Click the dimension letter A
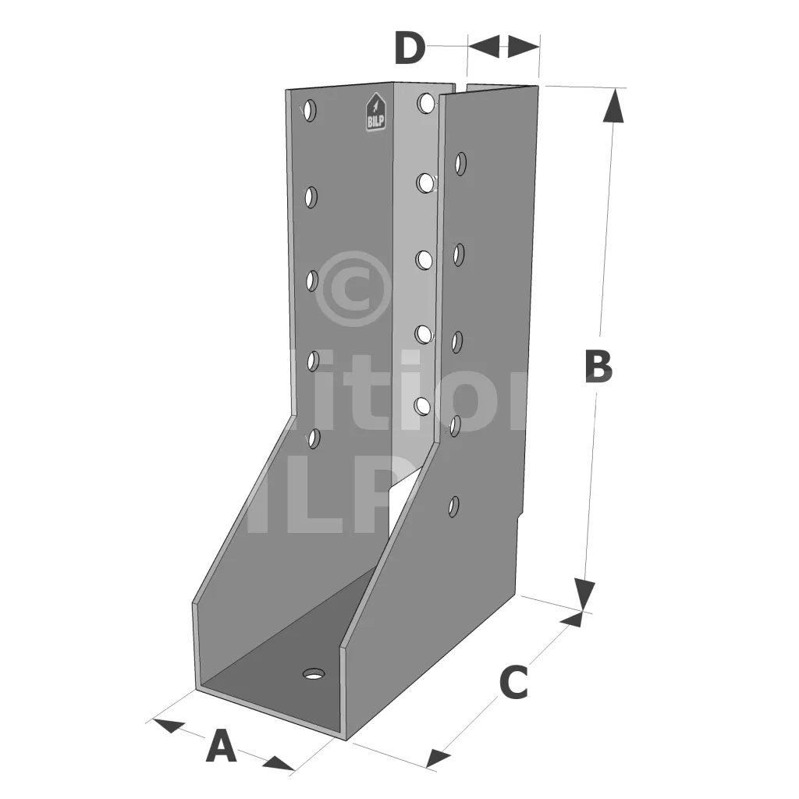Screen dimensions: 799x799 [221, 747]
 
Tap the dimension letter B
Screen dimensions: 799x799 [598, 367]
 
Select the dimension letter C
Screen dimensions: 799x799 [513, 683]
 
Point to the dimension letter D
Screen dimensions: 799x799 [410, 48]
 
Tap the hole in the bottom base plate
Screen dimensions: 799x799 [314, 673]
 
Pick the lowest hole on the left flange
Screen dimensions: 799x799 [314, 439]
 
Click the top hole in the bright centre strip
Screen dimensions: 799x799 [426, 103]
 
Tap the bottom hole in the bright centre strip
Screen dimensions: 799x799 [423, 407]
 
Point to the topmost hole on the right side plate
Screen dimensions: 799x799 [461, 164]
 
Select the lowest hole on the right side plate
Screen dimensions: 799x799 [454, 506]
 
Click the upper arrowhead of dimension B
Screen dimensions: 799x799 [615, 105]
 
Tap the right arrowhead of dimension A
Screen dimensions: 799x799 [278, 763]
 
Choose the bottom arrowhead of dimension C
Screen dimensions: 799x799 [439, 757]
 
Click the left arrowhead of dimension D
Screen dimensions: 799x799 [484, 46]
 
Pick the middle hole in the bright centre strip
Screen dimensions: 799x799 [424, 257]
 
